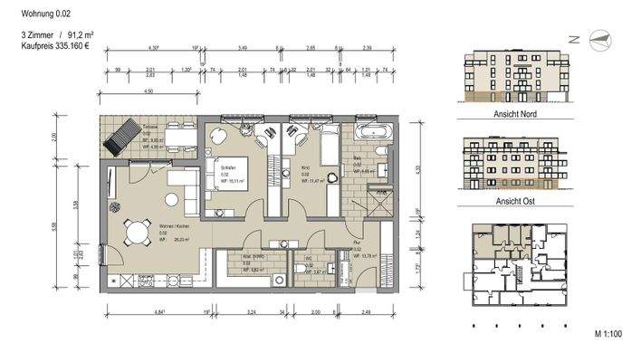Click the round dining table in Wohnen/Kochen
point(137,234)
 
